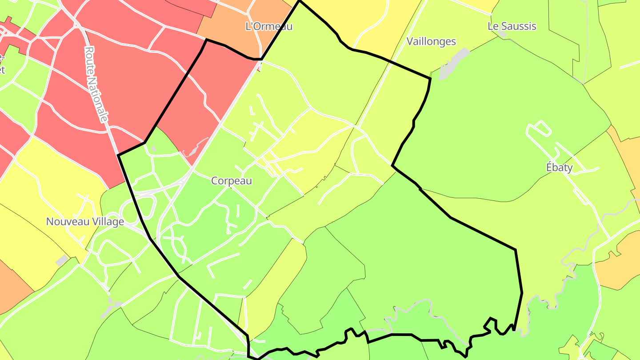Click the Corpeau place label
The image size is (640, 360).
pyautogui.click(x=232, y=181)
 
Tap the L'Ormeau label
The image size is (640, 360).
pyautogui.click(x=269, y=26)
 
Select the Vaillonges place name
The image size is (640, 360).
pyautogui.click(x=431, y=41)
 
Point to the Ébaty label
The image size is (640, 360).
pyautogui.click(x=559, y=168)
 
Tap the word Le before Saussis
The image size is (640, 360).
pyautogui.click(x=493, y=26)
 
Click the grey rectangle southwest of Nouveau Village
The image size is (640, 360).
pyautogui.click(x=62, y=260)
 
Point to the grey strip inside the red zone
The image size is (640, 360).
pyautogui.click(x=194, y=148)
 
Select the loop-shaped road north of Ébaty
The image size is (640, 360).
pyautogui.click(x=539, y=128)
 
